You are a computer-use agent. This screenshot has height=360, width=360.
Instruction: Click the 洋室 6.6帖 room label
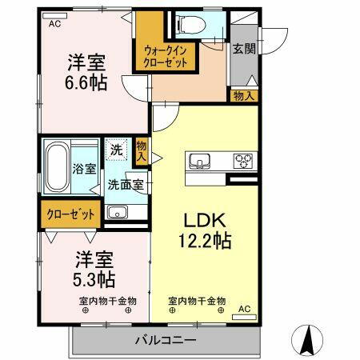[x=86, y=73]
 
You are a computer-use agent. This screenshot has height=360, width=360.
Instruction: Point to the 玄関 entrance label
[x=243, y=48]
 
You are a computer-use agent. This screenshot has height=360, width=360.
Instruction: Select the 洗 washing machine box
[x=116, y=149]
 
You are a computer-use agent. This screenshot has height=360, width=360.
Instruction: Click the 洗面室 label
[x=126, y=184]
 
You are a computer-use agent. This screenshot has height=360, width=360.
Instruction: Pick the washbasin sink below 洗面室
[x=117, y=213]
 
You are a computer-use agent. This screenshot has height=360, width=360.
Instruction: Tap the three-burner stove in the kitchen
[x=242, y=161]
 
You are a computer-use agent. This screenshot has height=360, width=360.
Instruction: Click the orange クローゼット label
[x=70, y=214]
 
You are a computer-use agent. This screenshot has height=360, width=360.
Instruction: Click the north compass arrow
[x=309, y=340]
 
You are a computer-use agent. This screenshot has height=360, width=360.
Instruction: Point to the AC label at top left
[x=54, y=24]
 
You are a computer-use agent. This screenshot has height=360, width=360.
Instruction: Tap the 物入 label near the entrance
[x=244, y=96]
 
